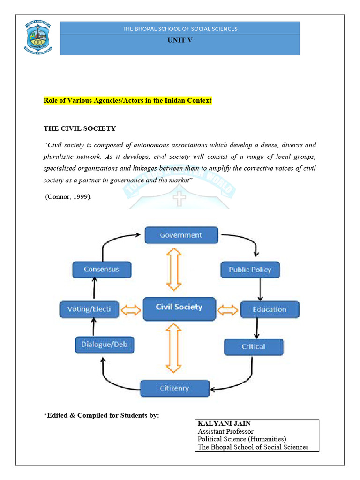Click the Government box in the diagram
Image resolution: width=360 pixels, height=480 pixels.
(x=181, y=235)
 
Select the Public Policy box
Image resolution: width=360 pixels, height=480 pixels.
(x=250, y=270)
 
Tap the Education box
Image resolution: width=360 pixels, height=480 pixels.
(x=270, y=309)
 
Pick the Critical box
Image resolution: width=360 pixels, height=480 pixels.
(x=254, y=347)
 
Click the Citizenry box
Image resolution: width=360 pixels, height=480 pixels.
(x=175, y=388)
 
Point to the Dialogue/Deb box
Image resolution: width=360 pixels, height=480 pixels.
(x=104, y=345)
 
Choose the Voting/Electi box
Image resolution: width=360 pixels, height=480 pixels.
(x=89, y=309)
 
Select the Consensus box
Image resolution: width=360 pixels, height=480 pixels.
(x=102, y=270)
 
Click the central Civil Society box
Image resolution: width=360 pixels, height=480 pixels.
(x=179, y=308)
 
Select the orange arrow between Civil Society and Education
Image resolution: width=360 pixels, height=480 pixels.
(x=228, y=310)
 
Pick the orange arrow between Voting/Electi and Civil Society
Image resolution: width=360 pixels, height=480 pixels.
(x=130, y=310)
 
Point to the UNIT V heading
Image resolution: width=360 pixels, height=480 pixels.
(x=180, y=40)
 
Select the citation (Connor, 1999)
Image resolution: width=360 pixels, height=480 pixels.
(x=68, y=196)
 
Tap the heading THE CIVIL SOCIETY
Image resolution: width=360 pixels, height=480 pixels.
(x=80, y=128)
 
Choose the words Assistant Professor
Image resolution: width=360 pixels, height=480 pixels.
(x=225, y=431)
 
